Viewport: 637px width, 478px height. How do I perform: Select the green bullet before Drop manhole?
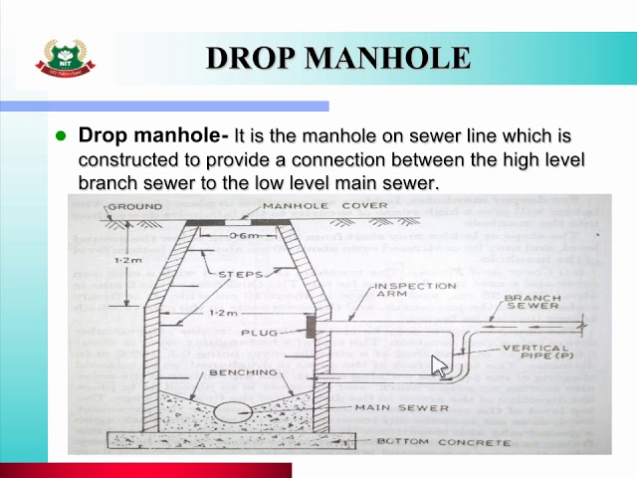click(60, 134)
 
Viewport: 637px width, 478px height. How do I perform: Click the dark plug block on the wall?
click(311, 327)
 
